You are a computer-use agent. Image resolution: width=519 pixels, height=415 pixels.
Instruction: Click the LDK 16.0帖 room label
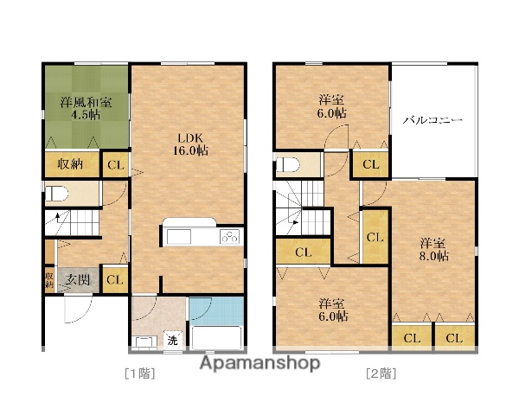190,144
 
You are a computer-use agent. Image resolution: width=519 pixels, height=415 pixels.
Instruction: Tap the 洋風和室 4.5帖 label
86,109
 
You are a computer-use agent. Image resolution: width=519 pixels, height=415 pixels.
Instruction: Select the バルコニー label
432,120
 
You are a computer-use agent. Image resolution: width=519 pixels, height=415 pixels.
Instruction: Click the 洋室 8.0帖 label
434,250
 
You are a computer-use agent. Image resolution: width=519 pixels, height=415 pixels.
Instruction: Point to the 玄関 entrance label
77,280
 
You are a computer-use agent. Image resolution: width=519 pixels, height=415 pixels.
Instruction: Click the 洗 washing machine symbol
172,340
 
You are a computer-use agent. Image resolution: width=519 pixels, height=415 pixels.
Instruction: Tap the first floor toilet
56,194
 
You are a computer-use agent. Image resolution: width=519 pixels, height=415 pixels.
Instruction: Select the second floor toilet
288,164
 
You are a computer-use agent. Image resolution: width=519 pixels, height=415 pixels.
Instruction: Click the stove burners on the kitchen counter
230,237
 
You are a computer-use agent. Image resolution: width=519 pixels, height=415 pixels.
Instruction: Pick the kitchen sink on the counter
179,237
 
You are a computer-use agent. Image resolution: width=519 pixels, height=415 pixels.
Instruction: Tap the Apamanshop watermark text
260,363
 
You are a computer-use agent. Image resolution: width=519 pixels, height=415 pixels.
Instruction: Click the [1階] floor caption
140,373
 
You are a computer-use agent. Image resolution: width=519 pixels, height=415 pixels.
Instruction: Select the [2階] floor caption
381,373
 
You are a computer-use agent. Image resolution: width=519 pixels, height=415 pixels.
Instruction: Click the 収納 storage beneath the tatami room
72,164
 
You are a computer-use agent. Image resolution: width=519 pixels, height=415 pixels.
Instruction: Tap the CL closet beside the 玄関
115,280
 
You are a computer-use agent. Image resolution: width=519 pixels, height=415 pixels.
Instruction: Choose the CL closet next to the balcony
371,164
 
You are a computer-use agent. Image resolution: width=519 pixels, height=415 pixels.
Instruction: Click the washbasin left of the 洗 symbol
144,342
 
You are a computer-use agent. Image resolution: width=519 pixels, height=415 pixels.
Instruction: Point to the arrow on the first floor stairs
58,218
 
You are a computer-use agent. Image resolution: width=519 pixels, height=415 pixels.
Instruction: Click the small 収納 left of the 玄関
49,280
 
